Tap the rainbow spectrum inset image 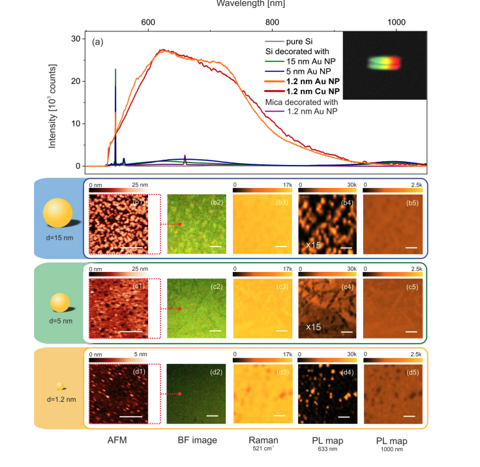click(384, 64)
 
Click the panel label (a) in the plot click(98, 42)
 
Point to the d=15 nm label click(60, 239)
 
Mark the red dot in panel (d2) click(179, 394)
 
